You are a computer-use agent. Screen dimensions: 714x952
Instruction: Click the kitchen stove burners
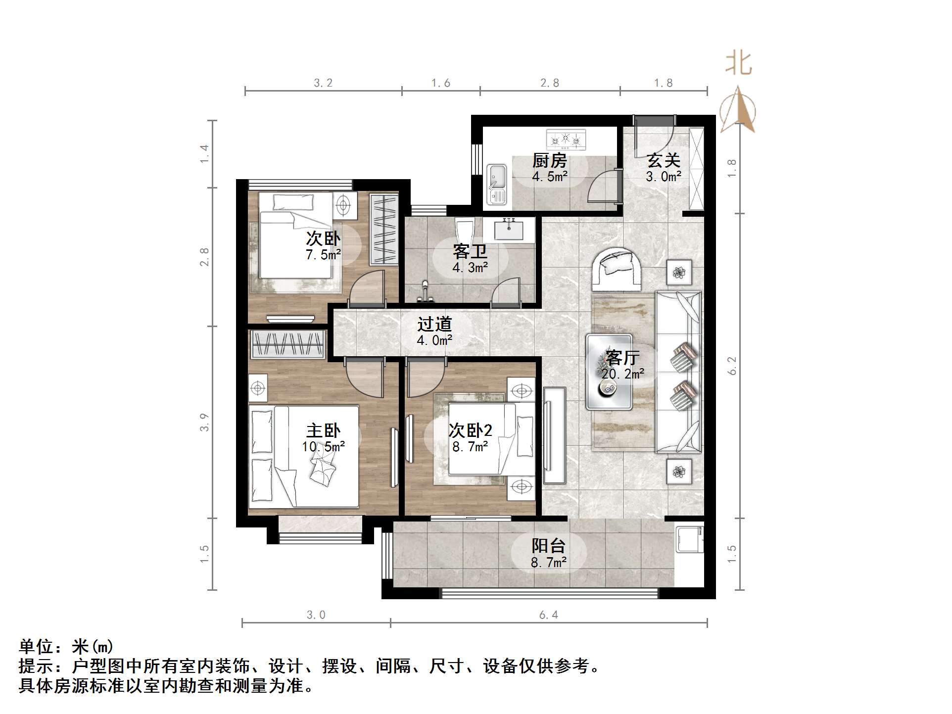566,140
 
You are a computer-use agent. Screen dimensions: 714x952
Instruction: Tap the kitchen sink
497,184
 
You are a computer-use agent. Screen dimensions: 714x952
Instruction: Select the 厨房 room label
549,161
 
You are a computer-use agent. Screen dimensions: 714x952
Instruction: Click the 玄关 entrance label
664,161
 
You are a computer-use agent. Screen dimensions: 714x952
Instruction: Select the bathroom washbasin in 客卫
509,230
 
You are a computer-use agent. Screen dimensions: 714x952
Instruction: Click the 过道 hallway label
434,325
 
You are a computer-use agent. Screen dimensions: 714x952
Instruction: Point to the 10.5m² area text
323,447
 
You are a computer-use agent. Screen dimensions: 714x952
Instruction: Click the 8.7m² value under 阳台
549,563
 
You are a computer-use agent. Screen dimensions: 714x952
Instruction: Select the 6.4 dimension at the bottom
548,615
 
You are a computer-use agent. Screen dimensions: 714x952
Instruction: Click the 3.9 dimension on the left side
204,422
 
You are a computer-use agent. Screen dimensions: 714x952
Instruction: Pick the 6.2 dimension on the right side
733,366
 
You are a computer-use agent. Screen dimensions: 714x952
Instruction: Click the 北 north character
739,64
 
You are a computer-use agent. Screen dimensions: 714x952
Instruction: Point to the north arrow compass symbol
738,110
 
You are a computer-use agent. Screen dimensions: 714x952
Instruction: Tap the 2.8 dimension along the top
550,83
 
